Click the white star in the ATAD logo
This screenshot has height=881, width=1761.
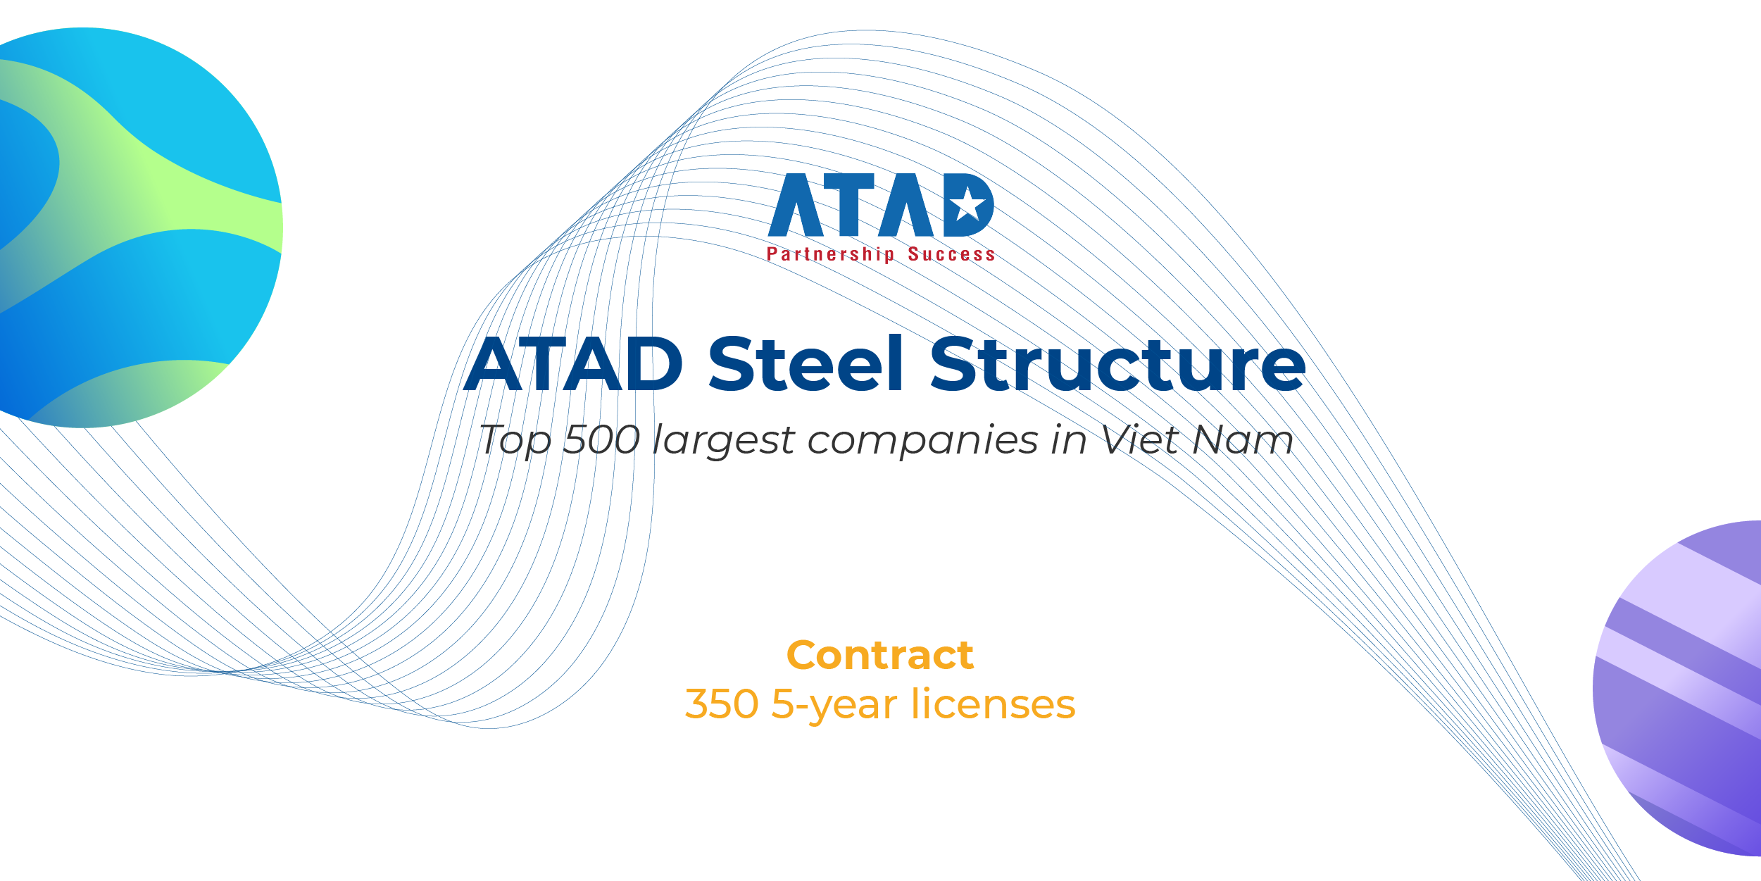tap(968, 204)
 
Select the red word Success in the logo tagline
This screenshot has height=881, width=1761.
tap(951, 254)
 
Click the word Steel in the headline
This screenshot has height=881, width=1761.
tap(806, 364)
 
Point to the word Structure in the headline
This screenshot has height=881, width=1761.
tap(1117, 364)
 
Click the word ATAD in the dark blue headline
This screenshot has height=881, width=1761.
tap(573, 364)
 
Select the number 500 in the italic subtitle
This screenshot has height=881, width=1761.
tap(601, 440)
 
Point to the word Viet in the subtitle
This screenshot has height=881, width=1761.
tap(1140, 440)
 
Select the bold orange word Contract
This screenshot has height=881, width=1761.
tap(880, 656)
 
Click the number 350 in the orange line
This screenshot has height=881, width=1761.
tap(722, 704)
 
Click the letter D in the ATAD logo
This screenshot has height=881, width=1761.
tap(968, 205)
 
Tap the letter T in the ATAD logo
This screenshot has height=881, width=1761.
tap(848, 205)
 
